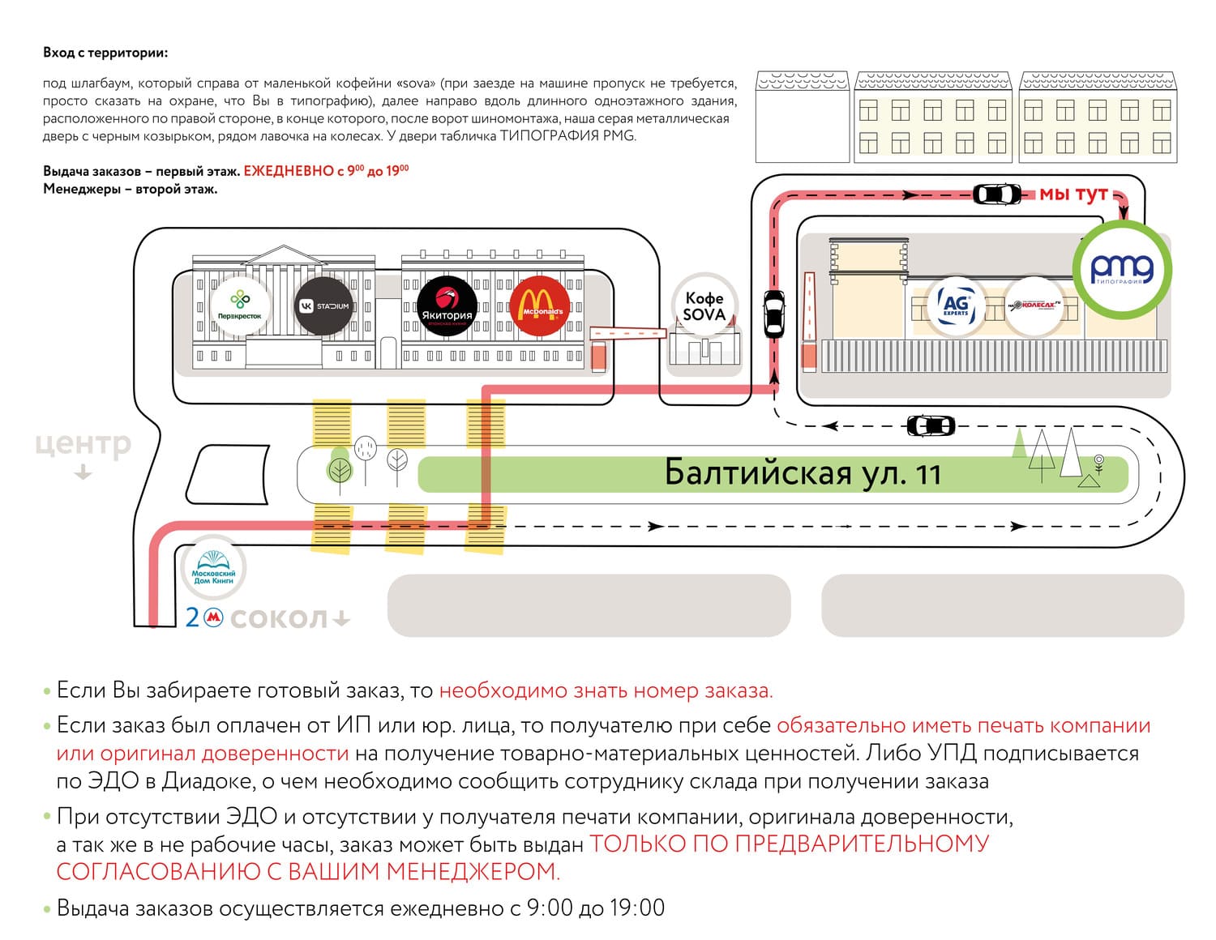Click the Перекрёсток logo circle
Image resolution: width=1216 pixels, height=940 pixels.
[x=239, y=305]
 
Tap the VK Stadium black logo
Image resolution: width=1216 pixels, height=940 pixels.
[x=324, y=305]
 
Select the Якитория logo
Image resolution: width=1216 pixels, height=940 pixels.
[x=447, y=305]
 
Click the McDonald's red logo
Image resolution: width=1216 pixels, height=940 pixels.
[x=540, y=305]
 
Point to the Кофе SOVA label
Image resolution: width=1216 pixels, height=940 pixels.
[x=704, y=306]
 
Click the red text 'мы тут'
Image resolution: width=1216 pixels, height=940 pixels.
[x=1073, y=194]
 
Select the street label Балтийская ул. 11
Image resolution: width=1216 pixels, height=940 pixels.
[x=803, y=472]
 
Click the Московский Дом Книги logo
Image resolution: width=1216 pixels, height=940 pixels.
[x=213, y=568]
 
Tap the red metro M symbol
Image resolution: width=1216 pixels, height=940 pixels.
[x=213, y=617]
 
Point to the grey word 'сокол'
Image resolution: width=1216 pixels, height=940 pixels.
[x=279, y=618]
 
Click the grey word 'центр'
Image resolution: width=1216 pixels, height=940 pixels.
[x=83, y=444]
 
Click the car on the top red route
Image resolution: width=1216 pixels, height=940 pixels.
[x=997, y=194]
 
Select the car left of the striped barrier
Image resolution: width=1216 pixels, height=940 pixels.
[x=774, y=314]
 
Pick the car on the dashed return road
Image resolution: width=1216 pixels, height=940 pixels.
[x=931, y=425]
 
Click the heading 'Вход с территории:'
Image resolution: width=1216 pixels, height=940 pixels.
[x=105, y=53]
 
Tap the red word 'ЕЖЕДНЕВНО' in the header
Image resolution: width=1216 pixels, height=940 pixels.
[x=288, y=171]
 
